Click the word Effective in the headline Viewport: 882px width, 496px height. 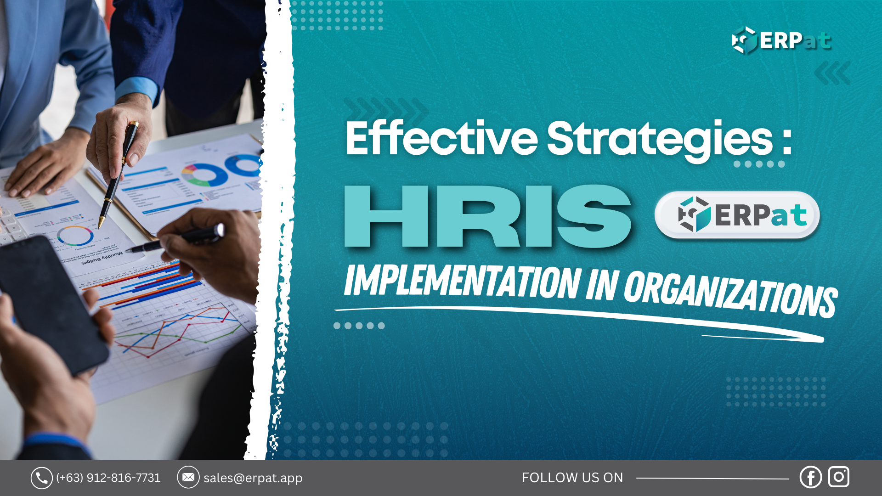click(441, 138)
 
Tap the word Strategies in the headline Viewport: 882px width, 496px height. click(660, 139)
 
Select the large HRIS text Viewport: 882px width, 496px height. click(488, 217)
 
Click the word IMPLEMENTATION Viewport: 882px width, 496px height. click(462, 281)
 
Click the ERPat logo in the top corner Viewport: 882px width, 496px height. click(781, 40)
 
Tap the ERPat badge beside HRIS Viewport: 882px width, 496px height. click(737, 215)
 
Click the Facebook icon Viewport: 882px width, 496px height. click(810, 477)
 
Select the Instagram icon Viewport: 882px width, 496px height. click(839, 477)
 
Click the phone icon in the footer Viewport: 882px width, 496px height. click(41, 478)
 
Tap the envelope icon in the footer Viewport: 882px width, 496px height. click(188, 478)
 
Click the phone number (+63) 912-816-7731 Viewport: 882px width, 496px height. click(108, 478)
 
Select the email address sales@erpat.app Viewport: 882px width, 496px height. click(253, 478)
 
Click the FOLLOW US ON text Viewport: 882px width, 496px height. click(572, 478)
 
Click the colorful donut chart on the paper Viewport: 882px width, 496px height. click(205, 175)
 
